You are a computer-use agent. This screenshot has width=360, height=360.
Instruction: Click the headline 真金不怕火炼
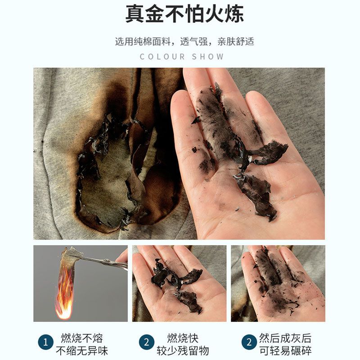click(184, 14)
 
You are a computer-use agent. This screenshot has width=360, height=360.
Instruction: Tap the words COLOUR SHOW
click(182, 57)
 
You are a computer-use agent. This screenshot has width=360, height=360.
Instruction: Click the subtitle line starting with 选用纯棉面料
click(184, 41)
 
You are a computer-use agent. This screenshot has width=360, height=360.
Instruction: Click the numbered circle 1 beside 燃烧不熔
click(46, 342)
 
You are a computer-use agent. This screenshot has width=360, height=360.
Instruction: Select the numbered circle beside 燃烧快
click(147, 342)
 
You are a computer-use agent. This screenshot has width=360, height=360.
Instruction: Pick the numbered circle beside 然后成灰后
click(249, 342)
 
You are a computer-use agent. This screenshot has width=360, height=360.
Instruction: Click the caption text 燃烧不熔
click(82, 338)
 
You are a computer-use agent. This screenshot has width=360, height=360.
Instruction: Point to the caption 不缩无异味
click(82, 351)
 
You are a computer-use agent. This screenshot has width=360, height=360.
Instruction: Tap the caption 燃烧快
click(183, 338)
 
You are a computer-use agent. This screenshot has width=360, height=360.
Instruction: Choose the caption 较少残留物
click(183, 351)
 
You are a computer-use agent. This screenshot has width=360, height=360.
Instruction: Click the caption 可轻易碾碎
click(285, 351)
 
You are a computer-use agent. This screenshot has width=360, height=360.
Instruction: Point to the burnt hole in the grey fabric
click(110, 175)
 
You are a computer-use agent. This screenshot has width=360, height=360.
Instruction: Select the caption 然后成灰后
click(285, 338)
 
